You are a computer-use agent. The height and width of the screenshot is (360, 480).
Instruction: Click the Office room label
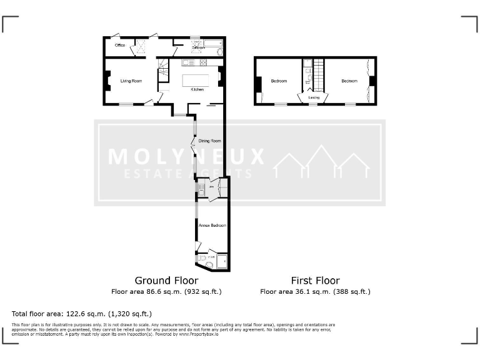120,45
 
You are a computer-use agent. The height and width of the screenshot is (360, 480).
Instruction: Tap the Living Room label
131,81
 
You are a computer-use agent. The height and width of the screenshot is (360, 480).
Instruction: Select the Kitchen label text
197,90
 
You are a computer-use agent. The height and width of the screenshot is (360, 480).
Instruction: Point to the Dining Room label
210,141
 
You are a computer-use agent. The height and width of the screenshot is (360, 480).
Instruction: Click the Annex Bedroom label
212,225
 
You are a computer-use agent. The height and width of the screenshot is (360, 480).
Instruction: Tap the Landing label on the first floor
314,97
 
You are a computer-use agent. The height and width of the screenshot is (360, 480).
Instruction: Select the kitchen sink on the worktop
189,62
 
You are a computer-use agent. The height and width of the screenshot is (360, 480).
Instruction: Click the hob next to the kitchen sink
202,62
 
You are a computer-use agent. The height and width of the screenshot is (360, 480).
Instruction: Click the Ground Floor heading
166,281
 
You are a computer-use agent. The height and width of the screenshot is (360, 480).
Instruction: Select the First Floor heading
315,281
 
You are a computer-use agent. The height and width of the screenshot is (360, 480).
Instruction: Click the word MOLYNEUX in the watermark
186,156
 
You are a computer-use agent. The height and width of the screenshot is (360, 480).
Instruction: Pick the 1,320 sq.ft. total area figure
130,314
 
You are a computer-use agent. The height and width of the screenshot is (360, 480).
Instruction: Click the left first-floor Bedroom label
279,81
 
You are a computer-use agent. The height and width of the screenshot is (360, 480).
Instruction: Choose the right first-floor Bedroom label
349,81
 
